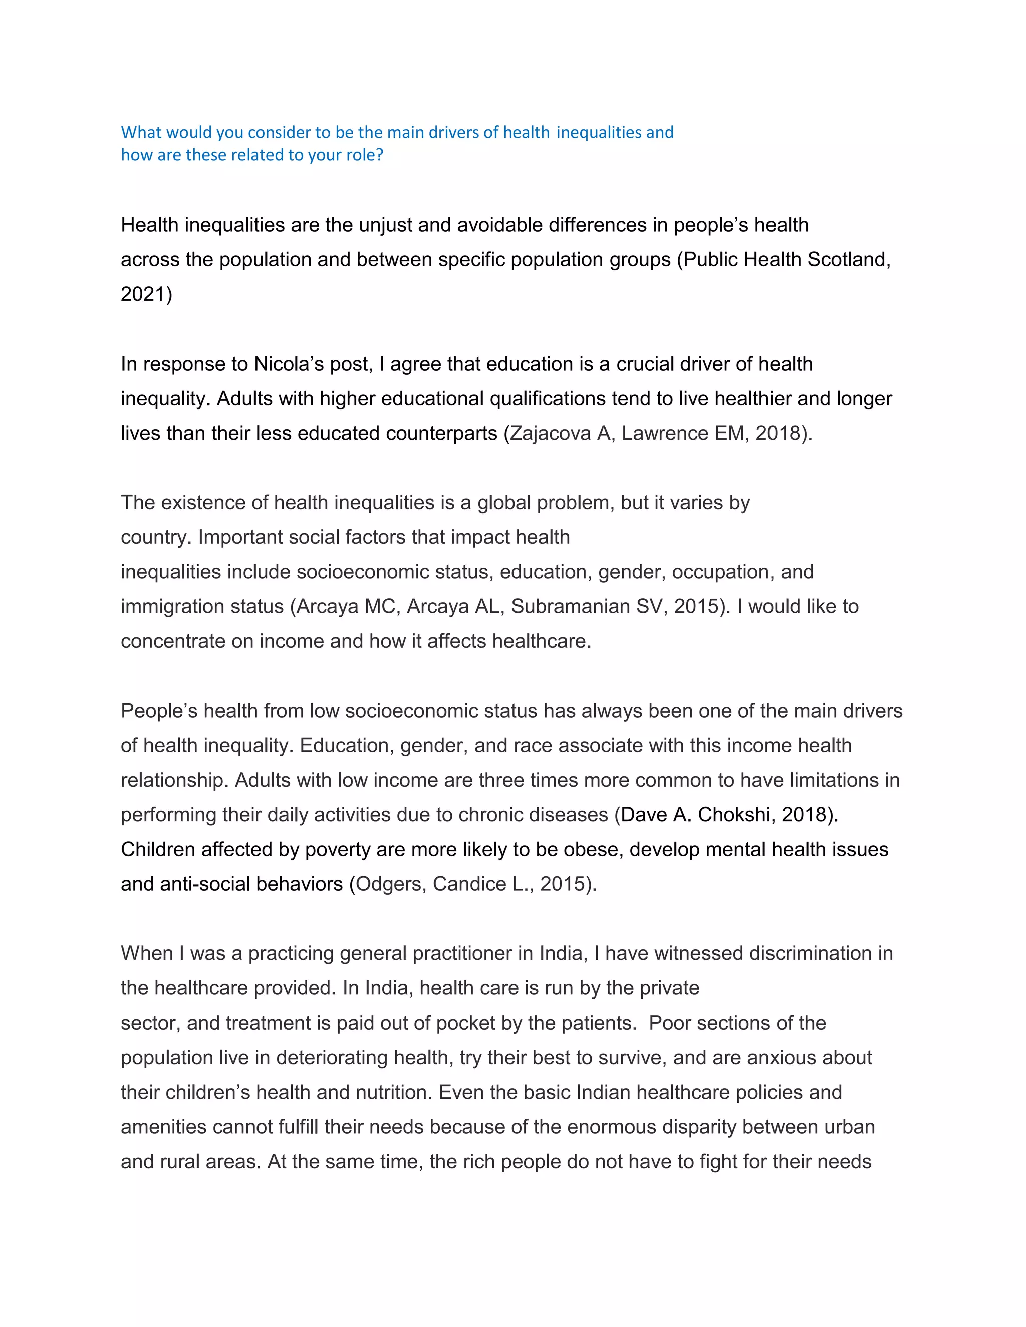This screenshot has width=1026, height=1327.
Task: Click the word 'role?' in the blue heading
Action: click(x=365, y=155)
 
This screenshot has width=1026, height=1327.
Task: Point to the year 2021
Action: click(x=143, y=294)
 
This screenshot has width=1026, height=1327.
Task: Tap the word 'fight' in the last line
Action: click(x=733, y=1161)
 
